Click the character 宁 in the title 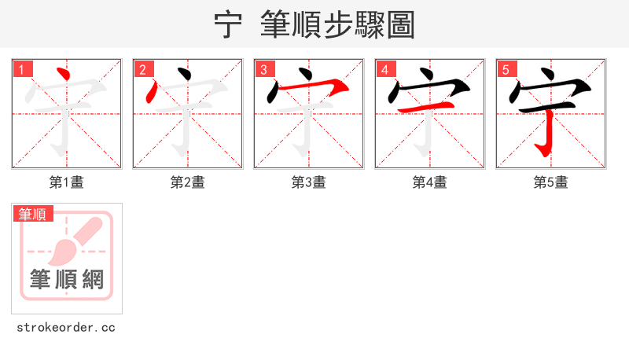click(x=228, y=25)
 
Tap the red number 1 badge click(x=21, y=69)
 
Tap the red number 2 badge click(x=142, y=69)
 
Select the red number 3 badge click(x=263, y=69)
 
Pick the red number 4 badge click(x=384, y=69)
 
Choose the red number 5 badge click(x=506, y=69)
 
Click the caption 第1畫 click(x=67, y=182)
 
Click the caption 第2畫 click(x=188, y=182)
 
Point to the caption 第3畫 click(x=309, y=182)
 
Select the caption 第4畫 click(x=430, y=182)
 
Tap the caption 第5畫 click(x=551, y=182)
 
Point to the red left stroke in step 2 click(x=152, y=92)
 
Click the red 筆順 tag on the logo click(x=32, y=214)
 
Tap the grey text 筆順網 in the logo click(x=67, y=279)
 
